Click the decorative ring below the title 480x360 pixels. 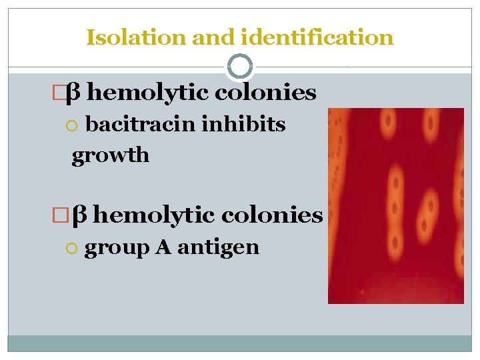click(x=240, y=67)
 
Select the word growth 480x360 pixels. click(x=111, y=155)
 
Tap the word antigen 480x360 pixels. click(x=218, y=247)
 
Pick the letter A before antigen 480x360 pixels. click(x=163, y=247)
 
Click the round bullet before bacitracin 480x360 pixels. click(x=76, y=125)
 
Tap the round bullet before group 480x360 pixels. click(x=75, y=248)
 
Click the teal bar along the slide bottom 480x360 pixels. click(x=240, y=343)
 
